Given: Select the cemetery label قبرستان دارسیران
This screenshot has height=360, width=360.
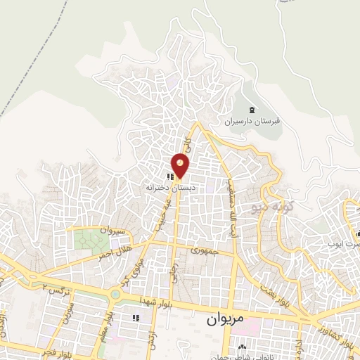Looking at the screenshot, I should click(252, 121).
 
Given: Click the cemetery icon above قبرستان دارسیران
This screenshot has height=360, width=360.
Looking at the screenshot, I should click(252, 108).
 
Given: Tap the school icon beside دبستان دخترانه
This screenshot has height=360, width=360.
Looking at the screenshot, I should click(171, 176).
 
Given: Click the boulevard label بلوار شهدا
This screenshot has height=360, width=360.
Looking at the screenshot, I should click(154, 301).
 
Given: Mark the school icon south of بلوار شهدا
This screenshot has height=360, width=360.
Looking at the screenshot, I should click(136, 318).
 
